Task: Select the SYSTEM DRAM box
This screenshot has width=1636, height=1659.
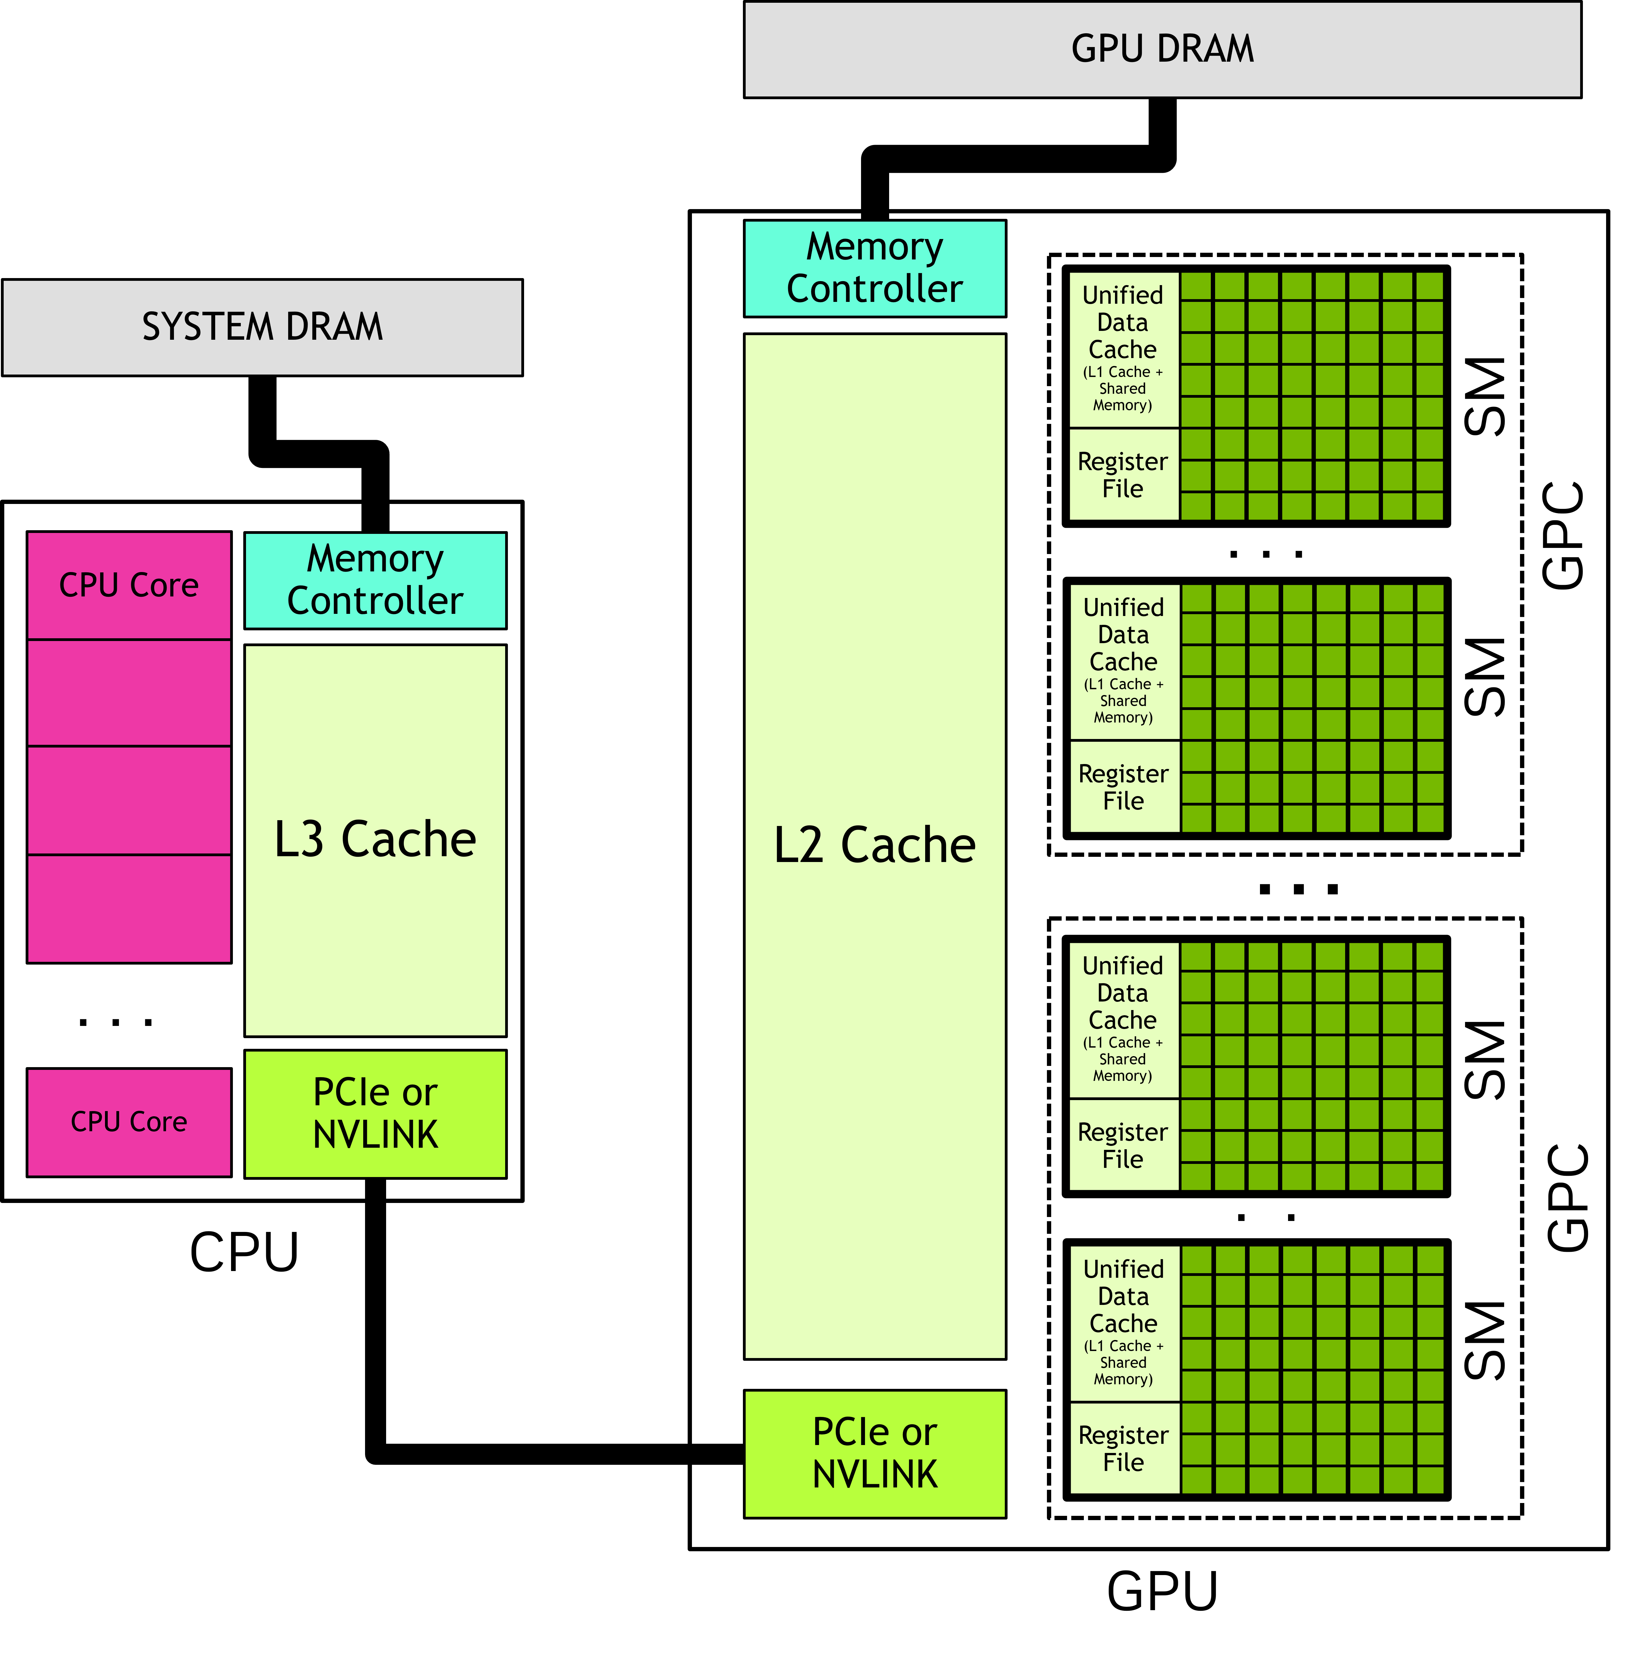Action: pos(262,327)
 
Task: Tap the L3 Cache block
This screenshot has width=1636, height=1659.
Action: pos(375,840)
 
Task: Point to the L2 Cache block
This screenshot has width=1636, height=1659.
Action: pos(874,846)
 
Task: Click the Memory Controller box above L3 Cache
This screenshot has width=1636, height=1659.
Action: pos(375,581)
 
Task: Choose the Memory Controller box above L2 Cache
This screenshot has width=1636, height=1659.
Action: pos(874,268)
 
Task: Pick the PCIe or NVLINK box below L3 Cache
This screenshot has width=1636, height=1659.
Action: pos(375,1114)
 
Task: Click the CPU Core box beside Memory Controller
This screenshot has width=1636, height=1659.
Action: pos(129,586)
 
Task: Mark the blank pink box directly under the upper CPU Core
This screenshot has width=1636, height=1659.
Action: pos(129,693)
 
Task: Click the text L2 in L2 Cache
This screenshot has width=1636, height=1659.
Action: pos(799,846)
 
